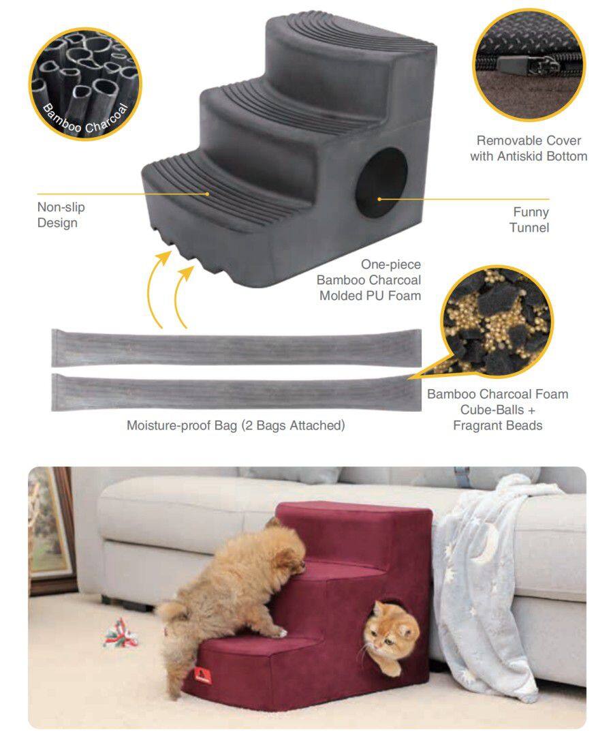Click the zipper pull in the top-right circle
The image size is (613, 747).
[x=542, y=65]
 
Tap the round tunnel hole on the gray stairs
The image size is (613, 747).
[x=381, y=183]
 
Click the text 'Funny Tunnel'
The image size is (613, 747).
[x=529, y=219]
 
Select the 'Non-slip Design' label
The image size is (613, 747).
[x=61, y=215]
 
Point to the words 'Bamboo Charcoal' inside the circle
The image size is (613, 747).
[x=86, y=119]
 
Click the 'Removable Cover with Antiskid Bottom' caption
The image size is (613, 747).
[x=529, y=148]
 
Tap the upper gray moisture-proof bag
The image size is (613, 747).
[x=236, y=348]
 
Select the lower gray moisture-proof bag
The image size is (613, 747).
[x=236, y=393]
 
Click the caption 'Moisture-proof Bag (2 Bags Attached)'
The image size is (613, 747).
[x=236, y=425]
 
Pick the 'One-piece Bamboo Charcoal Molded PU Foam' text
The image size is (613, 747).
[x=369, y=280]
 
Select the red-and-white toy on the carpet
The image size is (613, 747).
[x=121, y=634]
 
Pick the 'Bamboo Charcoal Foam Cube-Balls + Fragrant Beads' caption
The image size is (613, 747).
[x=498, y=410]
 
